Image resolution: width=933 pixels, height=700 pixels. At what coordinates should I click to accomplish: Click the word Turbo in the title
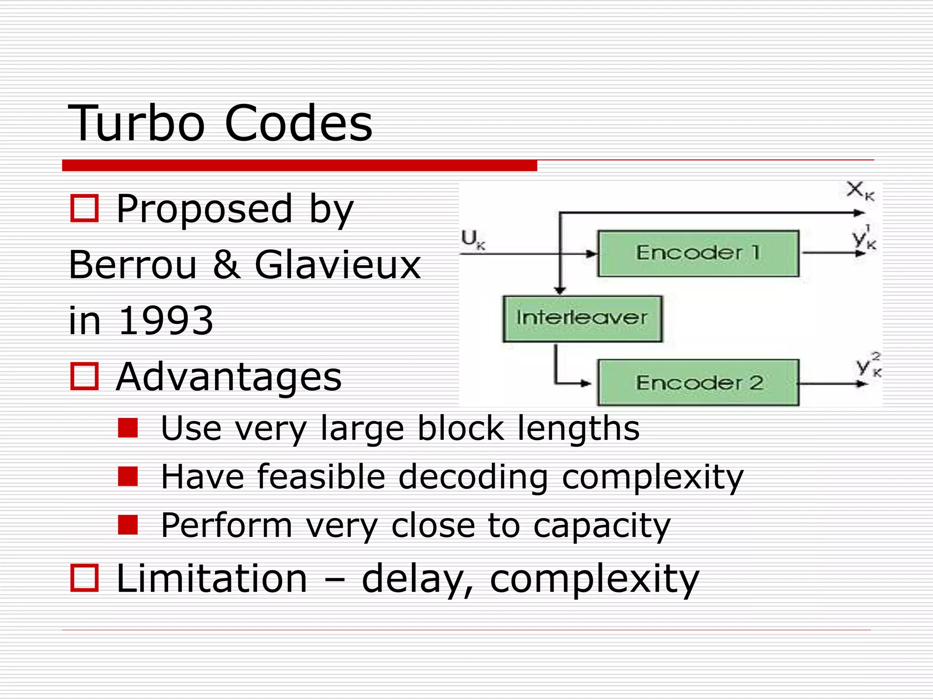point(137,123)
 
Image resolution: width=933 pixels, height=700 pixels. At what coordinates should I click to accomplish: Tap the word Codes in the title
point(298,123)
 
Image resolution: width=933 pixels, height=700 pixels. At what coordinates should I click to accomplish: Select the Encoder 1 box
point(698,253)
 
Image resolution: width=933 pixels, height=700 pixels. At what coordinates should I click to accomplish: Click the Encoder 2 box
point(698,383)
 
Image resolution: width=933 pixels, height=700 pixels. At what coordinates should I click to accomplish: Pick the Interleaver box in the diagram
point(582,319)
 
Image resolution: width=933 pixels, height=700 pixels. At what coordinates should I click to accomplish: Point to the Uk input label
point(473,239)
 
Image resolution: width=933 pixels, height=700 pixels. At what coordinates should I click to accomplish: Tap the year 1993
point(166,320)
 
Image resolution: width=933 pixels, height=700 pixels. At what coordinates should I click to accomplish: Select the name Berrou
point(133,265)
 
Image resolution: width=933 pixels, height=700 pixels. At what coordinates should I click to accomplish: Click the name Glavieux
point(338,265)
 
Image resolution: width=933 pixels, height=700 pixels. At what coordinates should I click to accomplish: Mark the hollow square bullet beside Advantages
point(84,376)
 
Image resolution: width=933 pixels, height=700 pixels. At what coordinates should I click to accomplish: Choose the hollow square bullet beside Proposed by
point(84,208)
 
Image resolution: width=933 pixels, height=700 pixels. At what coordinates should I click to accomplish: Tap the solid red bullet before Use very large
point(128,428)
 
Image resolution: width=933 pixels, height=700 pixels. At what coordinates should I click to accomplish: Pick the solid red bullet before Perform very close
point(128,525)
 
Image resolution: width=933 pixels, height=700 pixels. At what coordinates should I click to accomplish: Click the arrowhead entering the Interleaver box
point(560,290)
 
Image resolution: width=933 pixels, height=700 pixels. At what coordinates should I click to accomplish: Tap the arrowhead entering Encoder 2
point(586,383)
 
